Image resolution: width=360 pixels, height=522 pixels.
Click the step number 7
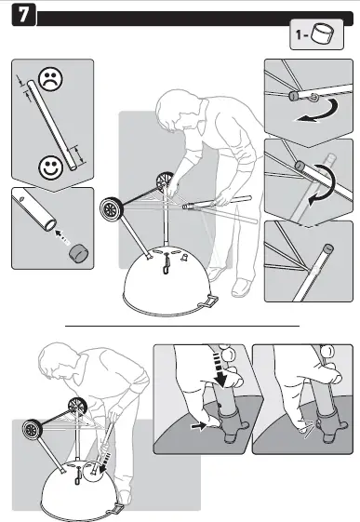point(23,15)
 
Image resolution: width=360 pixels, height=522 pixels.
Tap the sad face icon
point(50,79)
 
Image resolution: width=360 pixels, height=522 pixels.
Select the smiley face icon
point(50,167)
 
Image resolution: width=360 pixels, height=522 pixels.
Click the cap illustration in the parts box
point(323,33)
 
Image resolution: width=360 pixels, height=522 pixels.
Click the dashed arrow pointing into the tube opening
point(62,236)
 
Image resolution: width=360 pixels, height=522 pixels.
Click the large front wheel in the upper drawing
point(112,209)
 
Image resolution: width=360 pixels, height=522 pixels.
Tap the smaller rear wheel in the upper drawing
point(166,181)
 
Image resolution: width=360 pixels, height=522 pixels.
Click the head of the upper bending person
point(175,109)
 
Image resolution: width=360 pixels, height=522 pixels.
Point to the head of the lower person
point(56,361)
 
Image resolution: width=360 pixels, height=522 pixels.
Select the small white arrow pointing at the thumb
point(199,426)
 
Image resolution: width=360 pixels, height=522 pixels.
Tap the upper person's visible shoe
point(242,288)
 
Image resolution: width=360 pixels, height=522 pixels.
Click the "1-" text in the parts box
point(301,33)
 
